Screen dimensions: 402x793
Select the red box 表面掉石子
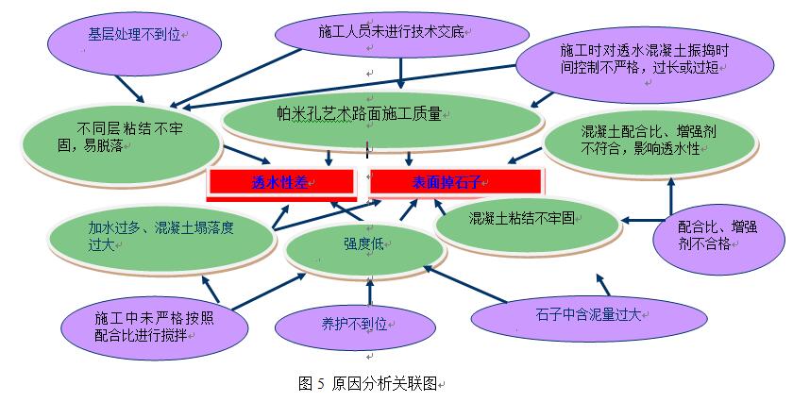tap(454, 183)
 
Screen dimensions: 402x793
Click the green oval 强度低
tap(364, 243)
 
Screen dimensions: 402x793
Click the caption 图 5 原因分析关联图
tap(369, 383)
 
